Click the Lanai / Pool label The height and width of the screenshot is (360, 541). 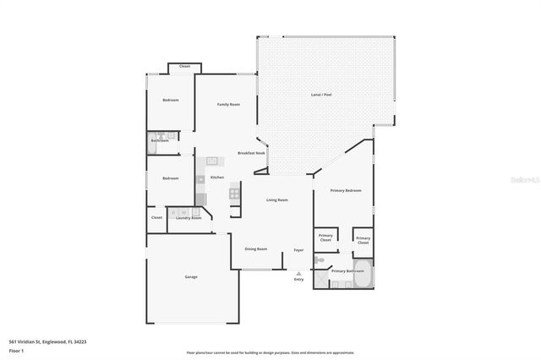[x=322, y=95]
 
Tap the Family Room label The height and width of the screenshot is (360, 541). [x=228, y=104]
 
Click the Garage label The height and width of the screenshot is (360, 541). [x=192, y=276]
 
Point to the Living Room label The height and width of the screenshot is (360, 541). [x=277, y=200]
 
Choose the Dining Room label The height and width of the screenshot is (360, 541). [x=256, y=249]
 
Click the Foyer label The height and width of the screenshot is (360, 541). [x=298, y=250]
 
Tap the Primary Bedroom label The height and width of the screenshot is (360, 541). [x=347, y=191]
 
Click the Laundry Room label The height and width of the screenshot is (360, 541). [x=189, y=218]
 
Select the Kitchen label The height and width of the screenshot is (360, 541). [x=217, y=177]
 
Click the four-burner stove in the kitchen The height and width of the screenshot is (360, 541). [x=234, y=193]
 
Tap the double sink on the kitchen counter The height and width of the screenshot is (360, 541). [x=212, y=160]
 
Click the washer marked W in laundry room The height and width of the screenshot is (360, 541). [x=175, y=212]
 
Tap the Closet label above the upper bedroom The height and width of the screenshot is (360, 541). [x=184, y=66]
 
